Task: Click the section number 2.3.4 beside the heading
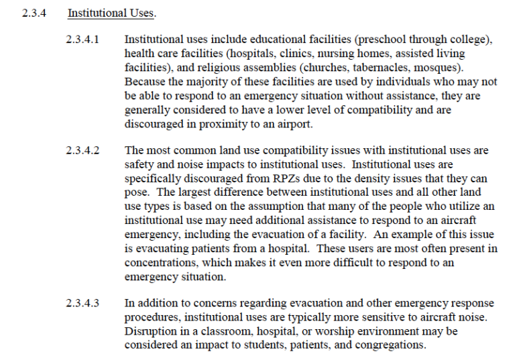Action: coord(33,13)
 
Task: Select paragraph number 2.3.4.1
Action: coord(82,40)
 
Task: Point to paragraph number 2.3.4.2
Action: coord(82,151)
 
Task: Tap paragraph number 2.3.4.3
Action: coord(82,304)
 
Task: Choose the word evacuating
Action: coord(156,249)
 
